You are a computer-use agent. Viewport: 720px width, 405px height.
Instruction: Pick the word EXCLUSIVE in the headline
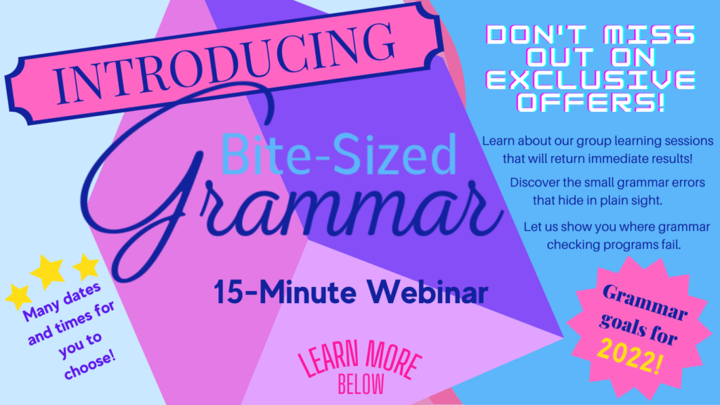tap(590, 79)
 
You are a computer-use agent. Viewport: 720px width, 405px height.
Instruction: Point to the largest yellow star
tap(47, 272)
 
